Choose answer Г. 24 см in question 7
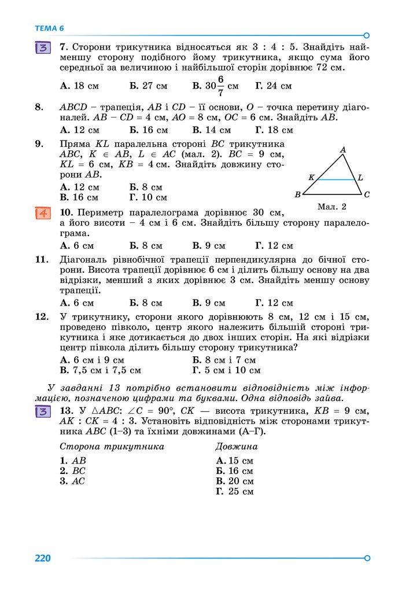pos(273,86)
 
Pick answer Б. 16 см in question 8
pos(149,130)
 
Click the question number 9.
pos(39,144)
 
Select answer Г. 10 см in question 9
pos(149,197)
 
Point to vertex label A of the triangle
pos(343,150)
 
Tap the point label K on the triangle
pos(311,178)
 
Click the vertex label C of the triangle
pos(367,195)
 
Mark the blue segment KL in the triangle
pos(335,179)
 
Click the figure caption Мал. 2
pos(332,207)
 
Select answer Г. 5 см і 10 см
pos(226,370)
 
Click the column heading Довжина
pos(236,447)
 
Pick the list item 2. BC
pos(72,470)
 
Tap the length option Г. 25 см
pos(234,491)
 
